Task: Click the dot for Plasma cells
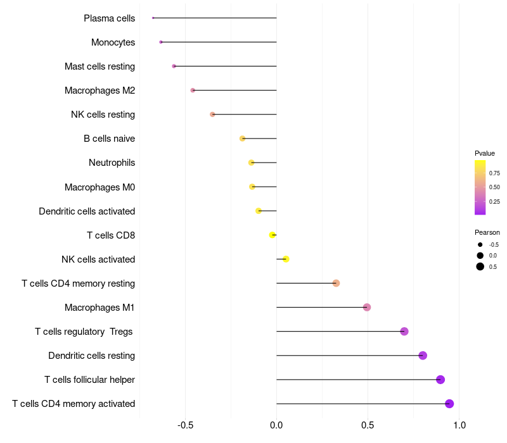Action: (x=153, y=18)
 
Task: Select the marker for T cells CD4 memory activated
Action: (x=449, y=404)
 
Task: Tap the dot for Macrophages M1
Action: (x=367, y=307)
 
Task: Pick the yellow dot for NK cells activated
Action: (x=286, y=259)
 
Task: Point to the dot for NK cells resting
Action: (x=212, y=115)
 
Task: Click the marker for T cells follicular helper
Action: (x=440, y=379)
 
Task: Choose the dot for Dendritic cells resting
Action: (x=422, y=356)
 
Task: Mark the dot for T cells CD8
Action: (x=273, y=235)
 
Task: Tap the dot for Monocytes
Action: (x=161, y=42)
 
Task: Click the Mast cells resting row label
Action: (x=99, y=66)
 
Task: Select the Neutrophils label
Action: (x=112, y=163)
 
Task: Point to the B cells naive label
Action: (x=109, y=139)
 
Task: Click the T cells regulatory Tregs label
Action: (x=84, y=332)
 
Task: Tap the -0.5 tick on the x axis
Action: (x=185, y=425)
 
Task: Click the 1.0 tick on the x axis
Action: (x=459, y=425)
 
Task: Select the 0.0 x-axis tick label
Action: (x=276, y=425)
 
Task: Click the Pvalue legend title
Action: (x=484, y=153)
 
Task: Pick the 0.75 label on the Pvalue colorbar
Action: (x=494, y=173)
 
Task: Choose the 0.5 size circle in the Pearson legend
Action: (x=480, y=266)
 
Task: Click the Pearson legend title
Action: (x=487, y=232)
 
